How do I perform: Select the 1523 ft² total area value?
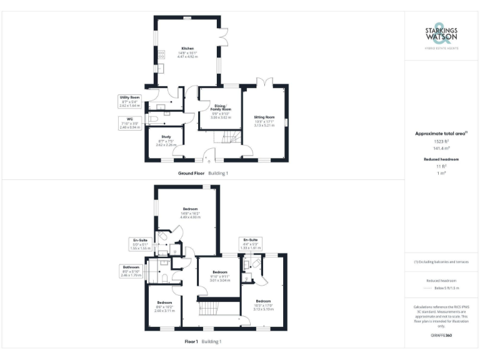coord(441,142)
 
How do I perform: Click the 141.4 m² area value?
coord(441,149)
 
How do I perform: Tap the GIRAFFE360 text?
coord(441,336)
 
